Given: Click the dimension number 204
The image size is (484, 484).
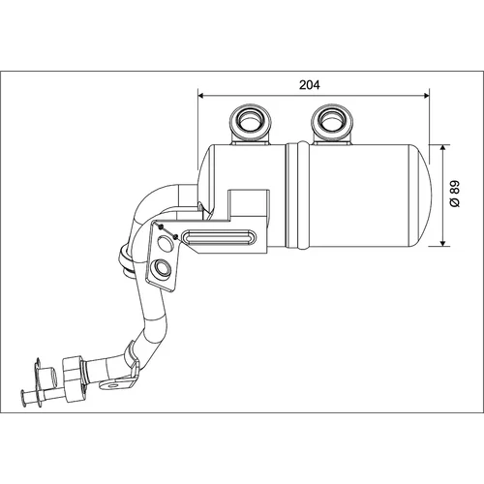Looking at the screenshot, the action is [310, 85].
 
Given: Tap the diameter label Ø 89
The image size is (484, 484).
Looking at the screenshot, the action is [454, 194].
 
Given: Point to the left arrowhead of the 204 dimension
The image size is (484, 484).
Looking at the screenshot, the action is [200, 95].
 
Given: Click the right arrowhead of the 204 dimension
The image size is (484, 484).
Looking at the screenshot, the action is [426, 95].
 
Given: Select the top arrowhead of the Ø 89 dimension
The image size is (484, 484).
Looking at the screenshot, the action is [442, 148].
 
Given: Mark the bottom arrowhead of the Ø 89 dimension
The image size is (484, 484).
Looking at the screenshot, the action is [442, 243].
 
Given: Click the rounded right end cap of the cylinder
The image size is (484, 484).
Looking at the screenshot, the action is [421, 196].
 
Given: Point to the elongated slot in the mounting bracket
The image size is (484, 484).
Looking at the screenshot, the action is [220, 237].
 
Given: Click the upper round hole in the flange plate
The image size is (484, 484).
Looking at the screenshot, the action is [166, 242].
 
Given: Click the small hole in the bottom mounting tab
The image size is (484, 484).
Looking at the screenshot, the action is [112, 385].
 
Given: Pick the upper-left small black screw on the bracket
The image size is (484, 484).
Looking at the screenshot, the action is [161, 227].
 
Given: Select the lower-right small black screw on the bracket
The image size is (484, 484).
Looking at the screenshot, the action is [175, 237].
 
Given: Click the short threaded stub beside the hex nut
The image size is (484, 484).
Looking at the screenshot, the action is [50, 376].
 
